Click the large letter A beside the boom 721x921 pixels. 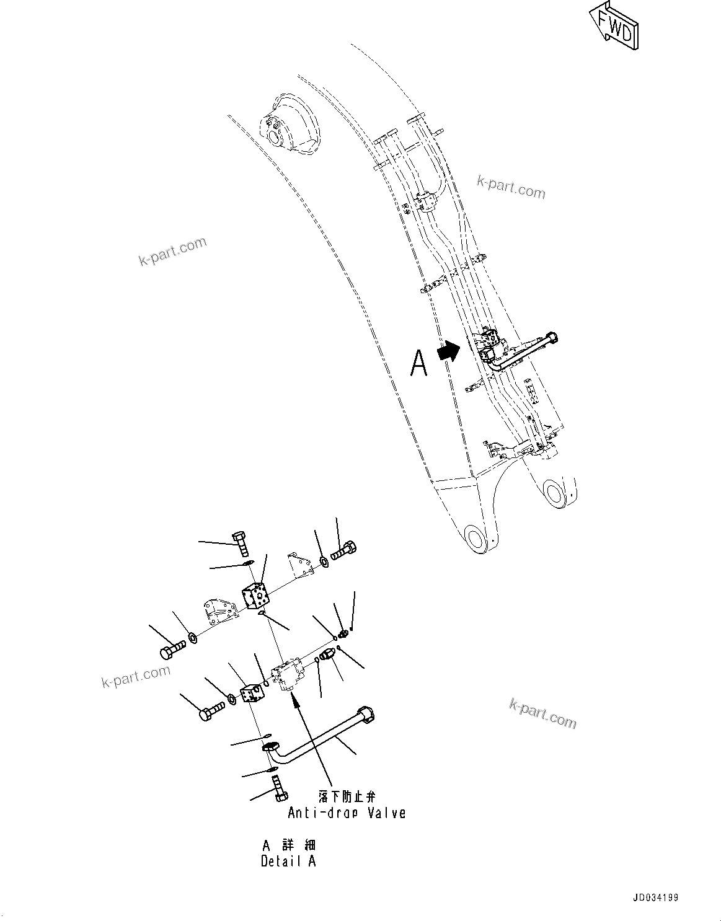(419, 363)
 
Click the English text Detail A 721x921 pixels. (288, 861)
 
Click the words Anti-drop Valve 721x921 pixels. (347, 813)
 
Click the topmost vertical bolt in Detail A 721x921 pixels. (241, 544)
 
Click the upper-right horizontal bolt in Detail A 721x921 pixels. (345, 550)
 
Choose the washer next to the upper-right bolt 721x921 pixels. (324, 562)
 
